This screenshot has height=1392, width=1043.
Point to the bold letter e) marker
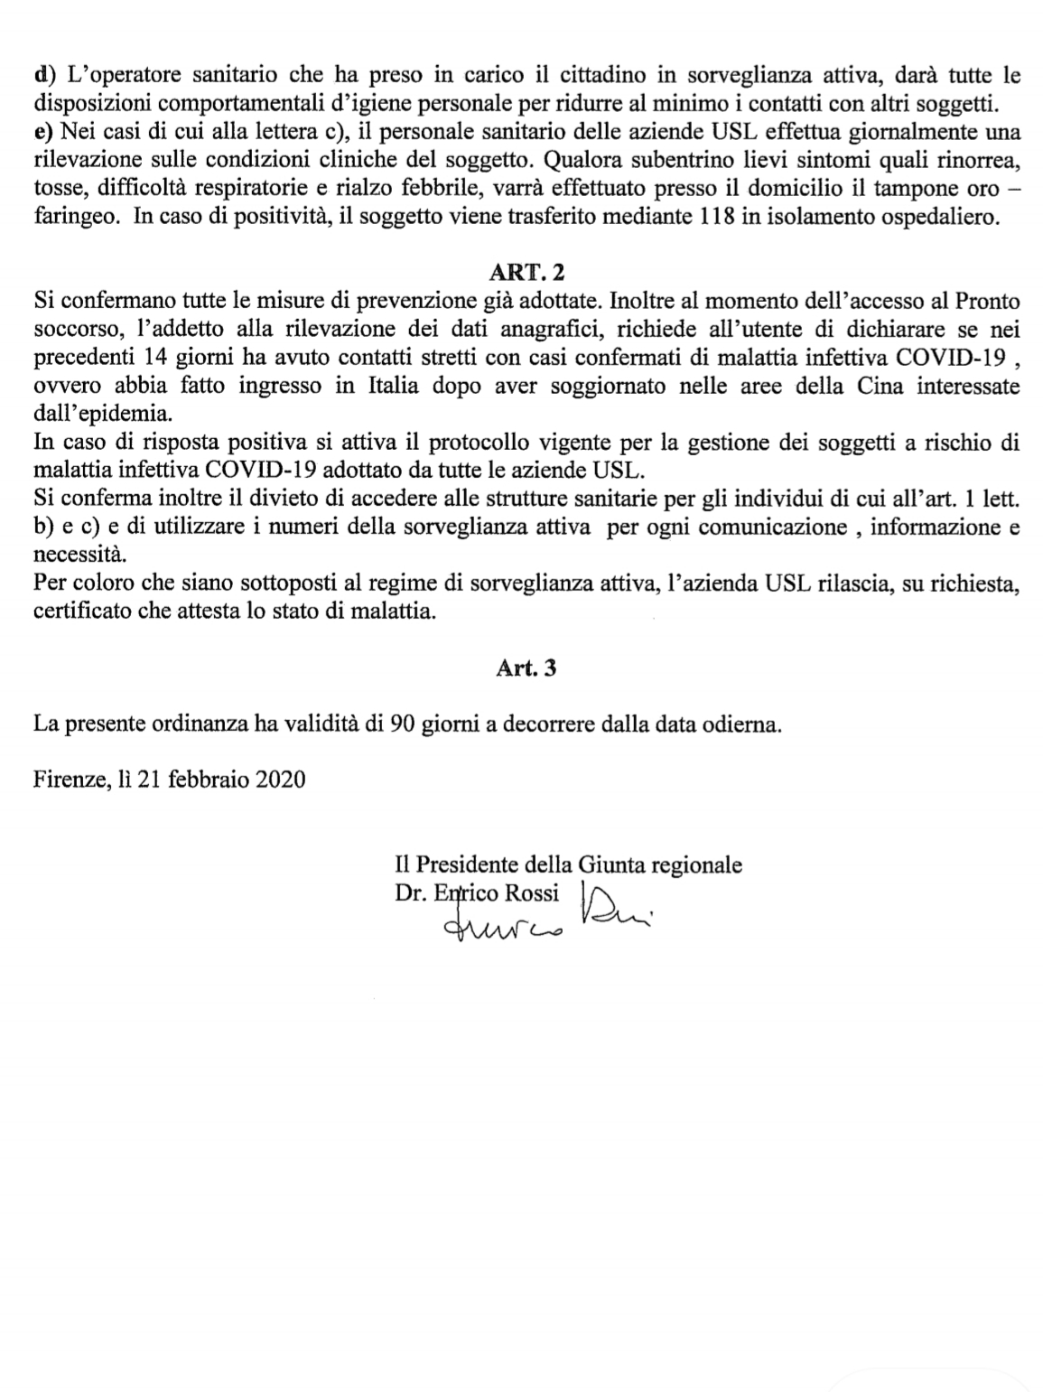[x=42, y=132]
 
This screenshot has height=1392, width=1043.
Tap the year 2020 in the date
[x=281, y=779]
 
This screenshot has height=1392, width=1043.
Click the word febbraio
[x=207, y=779]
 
